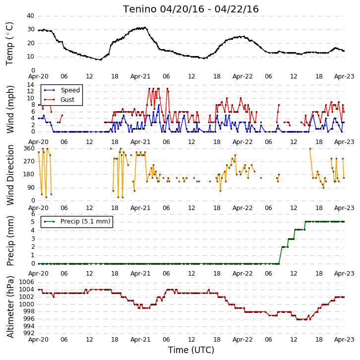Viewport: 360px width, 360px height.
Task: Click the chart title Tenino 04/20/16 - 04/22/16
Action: (191, 9)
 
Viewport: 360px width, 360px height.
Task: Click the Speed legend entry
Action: (62, 90)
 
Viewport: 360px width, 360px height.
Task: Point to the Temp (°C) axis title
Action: (9, 44)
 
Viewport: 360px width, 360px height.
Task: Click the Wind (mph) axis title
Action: (10, 109)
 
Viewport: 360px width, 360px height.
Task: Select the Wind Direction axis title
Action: (10, 175)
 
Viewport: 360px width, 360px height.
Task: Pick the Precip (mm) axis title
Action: (10, 241)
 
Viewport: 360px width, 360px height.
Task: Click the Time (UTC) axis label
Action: (191, 350)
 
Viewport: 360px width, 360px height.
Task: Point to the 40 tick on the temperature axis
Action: (31, 16)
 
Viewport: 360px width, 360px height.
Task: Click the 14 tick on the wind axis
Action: (31, 85)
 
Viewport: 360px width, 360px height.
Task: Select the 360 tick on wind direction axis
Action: (29, 148)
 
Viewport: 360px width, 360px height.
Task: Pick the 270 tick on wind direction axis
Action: (29, 161)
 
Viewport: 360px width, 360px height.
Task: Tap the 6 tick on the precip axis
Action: (33, 214)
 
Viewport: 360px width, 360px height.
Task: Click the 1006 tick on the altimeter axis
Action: (27, 282)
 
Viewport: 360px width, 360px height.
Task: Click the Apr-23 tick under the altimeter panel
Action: (344, 340)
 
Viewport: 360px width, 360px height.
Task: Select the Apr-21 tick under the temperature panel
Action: (140, 76)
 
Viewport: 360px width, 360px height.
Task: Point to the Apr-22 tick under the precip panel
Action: (242, 274)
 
